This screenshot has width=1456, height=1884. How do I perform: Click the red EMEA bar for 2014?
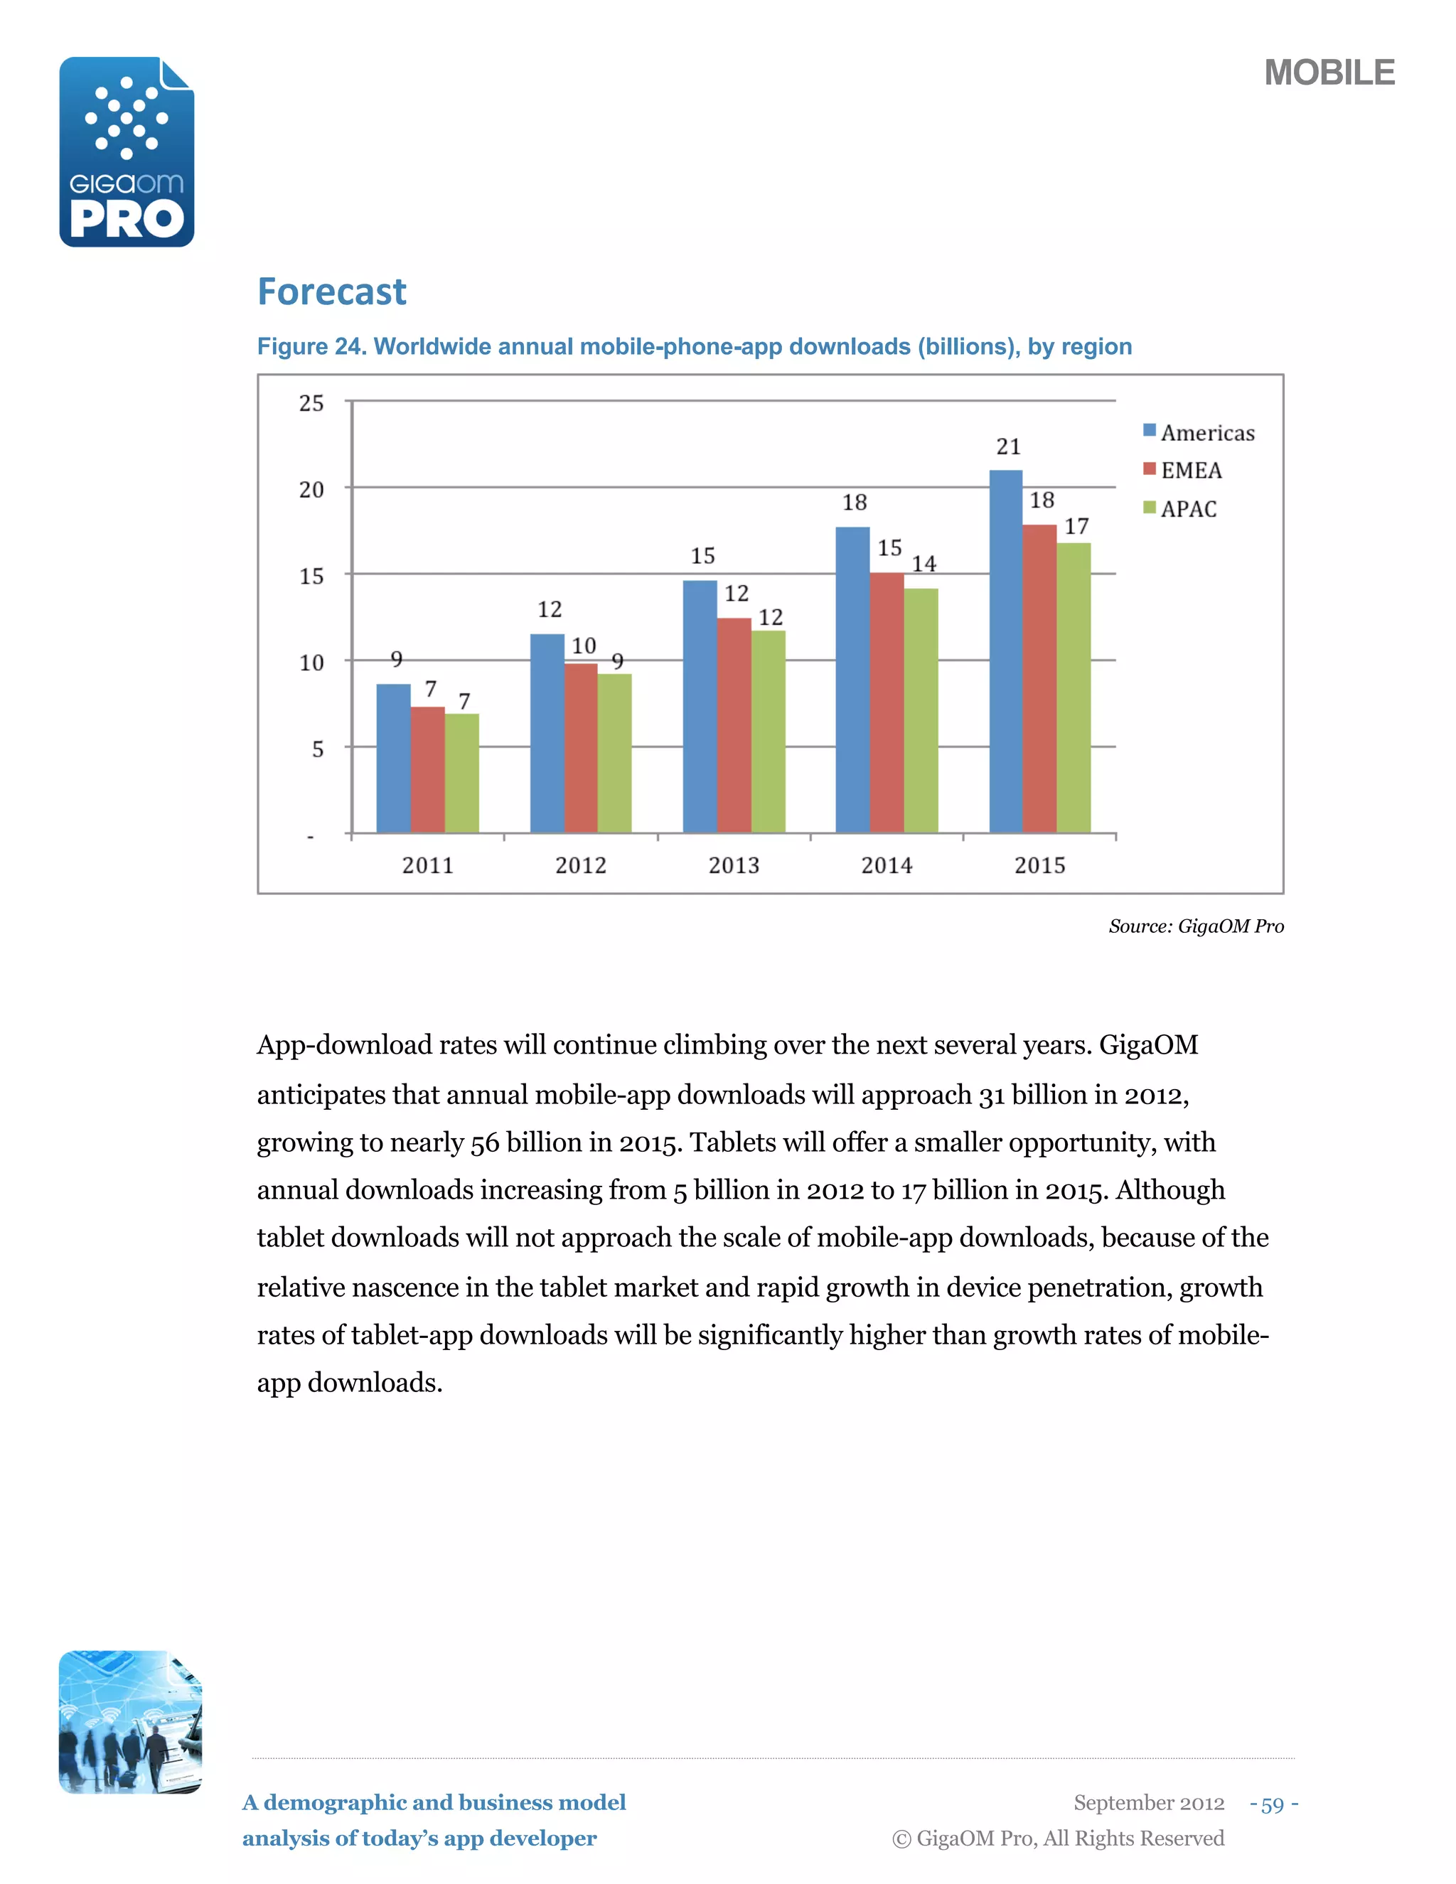pos(887,702)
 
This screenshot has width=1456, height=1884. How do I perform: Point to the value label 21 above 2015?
pos(1008,447)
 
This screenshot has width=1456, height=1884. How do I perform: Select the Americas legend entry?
pos(1199,432)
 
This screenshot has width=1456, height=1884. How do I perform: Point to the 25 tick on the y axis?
pos(311,403)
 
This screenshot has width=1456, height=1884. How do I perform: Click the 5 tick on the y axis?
pos(317,749)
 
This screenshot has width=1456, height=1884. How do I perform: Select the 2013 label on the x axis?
pos(734,865)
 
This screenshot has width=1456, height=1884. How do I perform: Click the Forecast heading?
pos(332,291)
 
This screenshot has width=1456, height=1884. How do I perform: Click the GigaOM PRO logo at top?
pos(127,152)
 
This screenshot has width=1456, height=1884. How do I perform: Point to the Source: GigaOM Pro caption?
pos(1196,926)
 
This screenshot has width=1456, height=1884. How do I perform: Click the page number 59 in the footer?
pos(1273,1804)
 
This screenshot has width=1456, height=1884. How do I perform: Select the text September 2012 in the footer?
pos(1149,1803)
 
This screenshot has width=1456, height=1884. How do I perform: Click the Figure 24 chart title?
pos(695,347)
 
